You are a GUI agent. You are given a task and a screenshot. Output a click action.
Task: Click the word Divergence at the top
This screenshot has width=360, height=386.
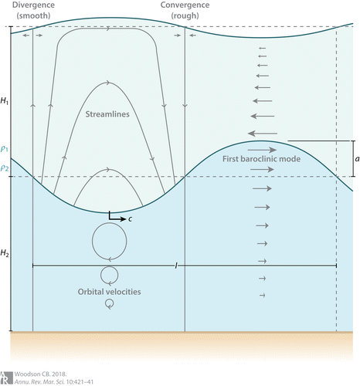(33, 5)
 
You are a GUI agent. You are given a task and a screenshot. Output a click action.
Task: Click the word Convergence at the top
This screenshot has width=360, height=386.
(185, 5)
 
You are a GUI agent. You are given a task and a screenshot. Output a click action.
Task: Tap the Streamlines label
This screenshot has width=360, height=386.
(107, 114)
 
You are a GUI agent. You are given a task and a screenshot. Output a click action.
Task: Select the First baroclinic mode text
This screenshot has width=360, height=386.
(261, 159)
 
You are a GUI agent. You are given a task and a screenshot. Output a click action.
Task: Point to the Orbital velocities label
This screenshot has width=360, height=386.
(109, 292)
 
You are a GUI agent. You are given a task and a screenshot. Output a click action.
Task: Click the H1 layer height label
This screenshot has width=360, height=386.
(5, 101)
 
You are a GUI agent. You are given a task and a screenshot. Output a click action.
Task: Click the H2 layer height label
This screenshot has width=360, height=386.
(5, 253)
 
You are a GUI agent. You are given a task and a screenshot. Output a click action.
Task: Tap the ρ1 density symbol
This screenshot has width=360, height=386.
(5, 149)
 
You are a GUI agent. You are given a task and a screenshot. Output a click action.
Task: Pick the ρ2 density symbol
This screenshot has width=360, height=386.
(5, 168)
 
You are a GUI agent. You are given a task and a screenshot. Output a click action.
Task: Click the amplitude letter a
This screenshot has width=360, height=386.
(357, 159)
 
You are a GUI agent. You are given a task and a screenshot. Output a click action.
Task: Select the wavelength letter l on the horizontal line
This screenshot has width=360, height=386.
(176, 266)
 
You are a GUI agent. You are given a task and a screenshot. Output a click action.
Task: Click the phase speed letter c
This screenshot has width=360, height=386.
(130, 219)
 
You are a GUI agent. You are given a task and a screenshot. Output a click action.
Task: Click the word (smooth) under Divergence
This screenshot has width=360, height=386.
(33, 15)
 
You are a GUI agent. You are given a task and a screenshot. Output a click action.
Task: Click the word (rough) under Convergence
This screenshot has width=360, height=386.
(185, 15)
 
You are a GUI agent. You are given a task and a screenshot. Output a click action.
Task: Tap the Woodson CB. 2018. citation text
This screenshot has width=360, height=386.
(40, 374)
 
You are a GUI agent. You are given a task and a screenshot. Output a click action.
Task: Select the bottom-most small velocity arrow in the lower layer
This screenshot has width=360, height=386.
(262, 295)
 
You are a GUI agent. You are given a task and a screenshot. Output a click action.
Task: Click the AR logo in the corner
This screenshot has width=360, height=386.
(6, 378)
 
